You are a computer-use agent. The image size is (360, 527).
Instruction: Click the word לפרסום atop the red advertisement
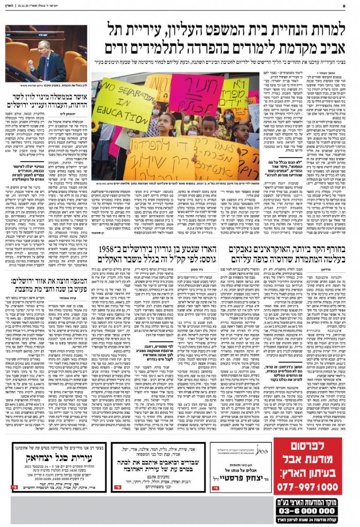tap(308, 446)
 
